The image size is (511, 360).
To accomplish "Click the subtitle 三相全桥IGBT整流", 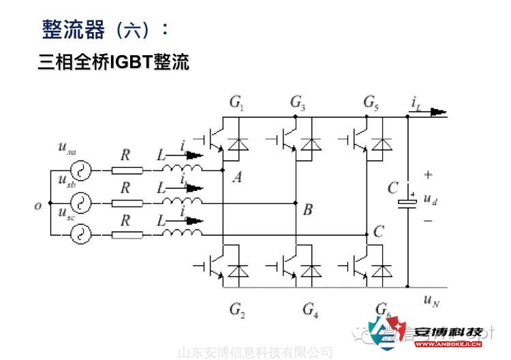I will point(113,62).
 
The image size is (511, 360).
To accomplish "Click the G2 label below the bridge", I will point(237,310).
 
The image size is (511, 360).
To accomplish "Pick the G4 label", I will point(311,310).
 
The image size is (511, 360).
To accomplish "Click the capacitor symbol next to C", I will point(407,197).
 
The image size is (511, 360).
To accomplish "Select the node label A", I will point(237,178).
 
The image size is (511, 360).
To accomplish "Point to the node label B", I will point(307,210).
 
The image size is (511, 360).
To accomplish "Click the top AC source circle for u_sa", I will point(81,170).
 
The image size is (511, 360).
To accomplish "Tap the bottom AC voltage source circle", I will point(81,235).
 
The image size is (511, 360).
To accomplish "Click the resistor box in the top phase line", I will point(127,170).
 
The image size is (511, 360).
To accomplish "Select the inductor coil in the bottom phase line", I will point(183,234).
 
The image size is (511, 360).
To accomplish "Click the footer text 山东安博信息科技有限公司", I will point(255,352).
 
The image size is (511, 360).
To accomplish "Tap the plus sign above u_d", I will point(428,175).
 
